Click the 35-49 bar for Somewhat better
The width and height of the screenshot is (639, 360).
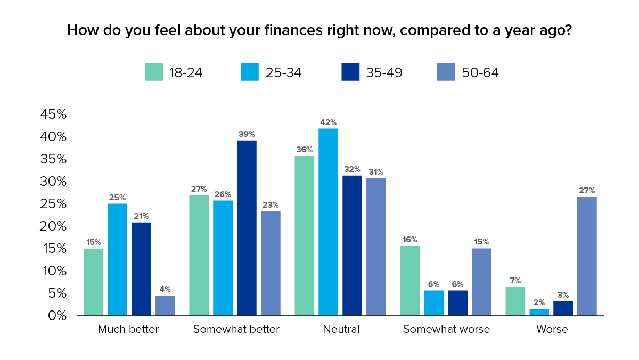247,228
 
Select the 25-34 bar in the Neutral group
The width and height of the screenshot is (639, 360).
329,222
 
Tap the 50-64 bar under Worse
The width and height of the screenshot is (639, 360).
587,256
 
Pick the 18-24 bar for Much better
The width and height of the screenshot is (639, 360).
94,282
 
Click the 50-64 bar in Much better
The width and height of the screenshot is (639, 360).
165,305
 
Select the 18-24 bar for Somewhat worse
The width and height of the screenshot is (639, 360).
410,281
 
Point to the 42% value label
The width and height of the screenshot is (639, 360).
329,122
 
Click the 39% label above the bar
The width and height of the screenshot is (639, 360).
247,134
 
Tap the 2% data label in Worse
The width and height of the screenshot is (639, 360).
539,302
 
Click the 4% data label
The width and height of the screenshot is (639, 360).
165,289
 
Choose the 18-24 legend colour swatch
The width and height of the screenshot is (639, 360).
154,72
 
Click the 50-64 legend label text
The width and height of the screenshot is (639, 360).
480,72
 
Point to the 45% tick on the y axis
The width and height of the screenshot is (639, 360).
53,114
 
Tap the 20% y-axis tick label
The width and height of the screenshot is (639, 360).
53,226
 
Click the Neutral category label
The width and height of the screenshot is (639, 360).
341,329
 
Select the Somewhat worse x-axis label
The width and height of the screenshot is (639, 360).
446,329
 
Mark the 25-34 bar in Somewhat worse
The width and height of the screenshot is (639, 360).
433,303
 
